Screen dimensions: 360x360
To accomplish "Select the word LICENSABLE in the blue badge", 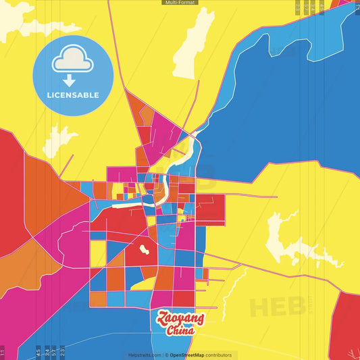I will (x=72, y=95).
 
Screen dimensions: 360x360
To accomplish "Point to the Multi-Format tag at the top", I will (x=180, y=3).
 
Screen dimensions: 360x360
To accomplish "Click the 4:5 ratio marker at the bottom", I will (x=38, y=352).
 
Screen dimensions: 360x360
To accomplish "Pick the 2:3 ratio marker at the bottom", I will (x=62, y=352).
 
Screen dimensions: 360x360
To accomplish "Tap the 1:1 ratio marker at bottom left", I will (x=3, y=352).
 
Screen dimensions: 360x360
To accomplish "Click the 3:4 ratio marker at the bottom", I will (x=47, y=352).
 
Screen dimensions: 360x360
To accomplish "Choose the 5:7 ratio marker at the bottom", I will (x=54, y=352).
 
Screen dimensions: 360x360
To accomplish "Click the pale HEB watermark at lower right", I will (x=277, y=305).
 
